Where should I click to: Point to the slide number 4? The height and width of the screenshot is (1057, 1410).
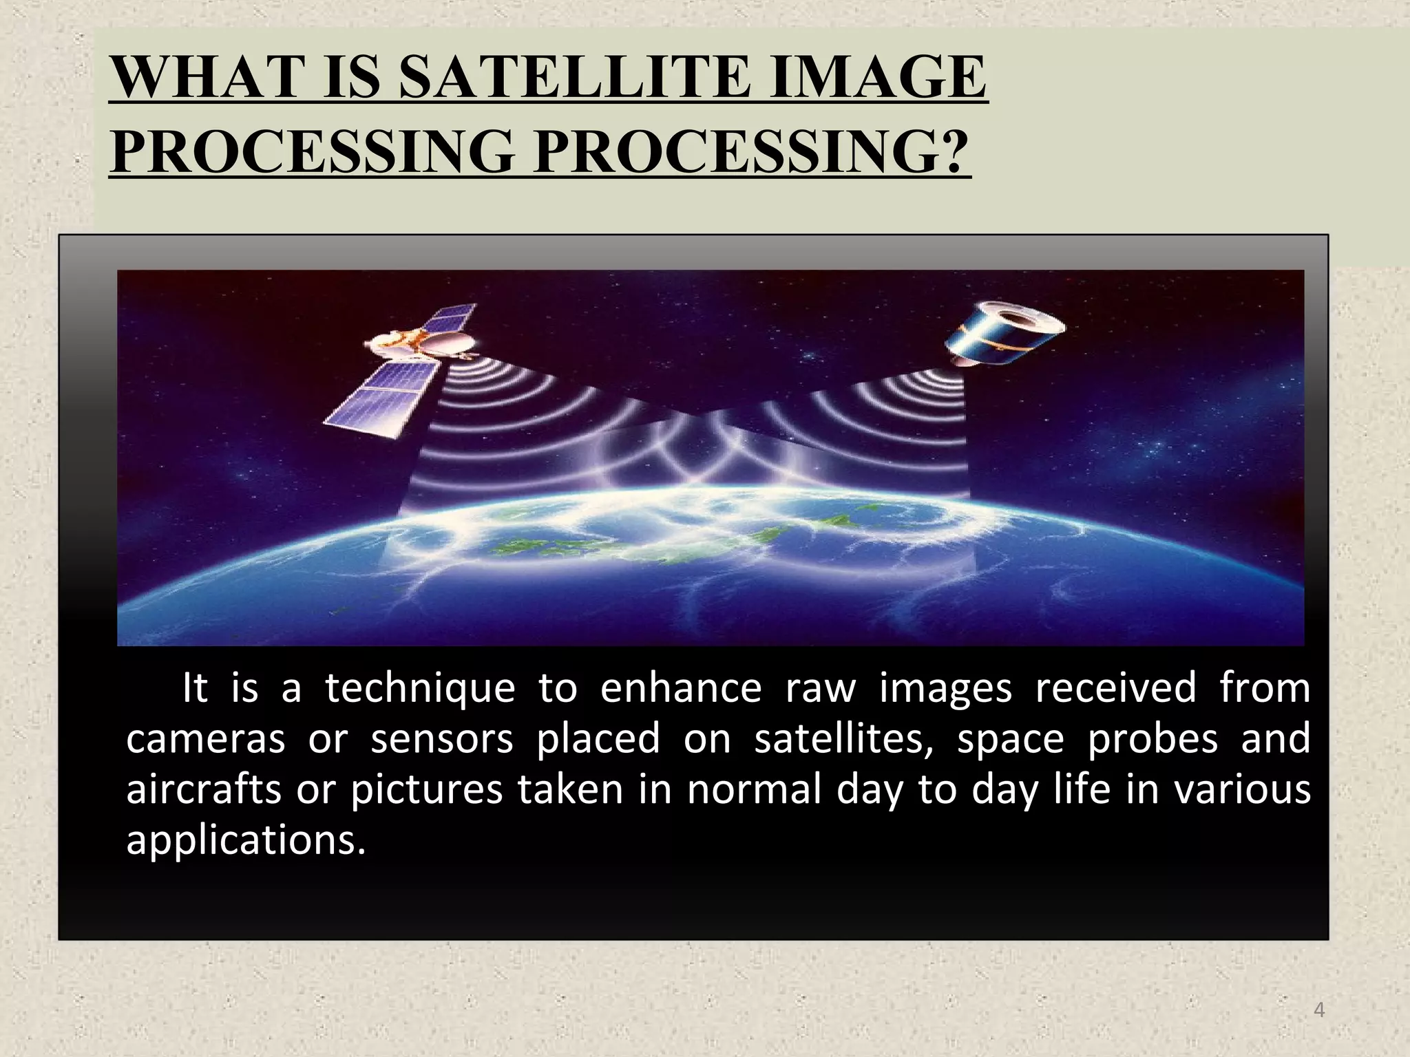(x=1319, y=1010)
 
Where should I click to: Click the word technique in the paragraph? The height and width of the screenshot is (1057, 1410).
(x=420, y=688)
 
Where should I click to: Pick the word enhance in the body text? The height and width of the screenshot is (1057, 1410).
(x=681, y=688)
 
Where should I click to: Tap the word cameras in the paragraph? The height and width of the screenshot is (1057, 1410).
(x=205, y=739)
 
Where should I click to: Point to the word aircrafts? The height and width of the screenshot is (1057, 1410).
(x=204, y=789)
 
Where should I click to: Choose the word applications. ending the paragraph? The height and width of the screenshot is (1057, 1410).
(x=245, y=841)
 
